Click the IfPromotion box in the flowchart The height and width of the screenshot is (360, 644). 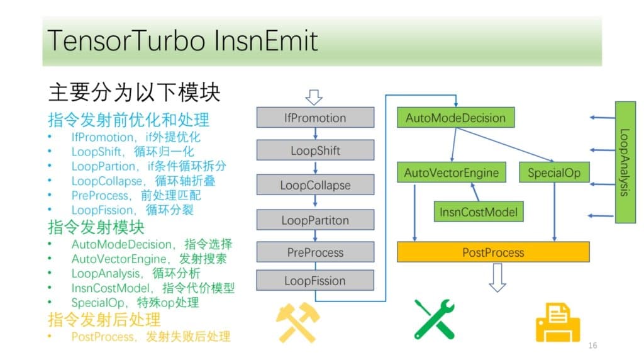[316, 118]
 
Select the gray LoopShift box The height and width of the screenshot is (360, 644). [316, 150]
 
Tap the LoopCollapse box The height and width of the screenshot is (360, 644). [316, 184]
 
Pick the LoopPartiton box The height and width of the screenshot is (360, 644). [316, 220]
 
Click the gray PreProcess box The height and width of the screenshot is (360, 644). [316, 252]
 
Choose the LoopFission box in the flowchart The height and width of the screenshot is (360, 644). [316, 280]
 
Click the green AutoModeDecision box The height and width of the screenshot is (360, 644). [455, 118]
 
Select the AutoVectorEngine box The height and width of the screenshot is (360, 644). [452, 172]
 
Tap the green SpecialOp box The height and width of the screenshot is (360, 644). [554, 172]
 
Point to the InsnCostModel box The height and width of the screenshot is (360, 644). [479, 211]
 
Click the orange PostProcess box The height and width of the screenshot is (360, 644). [493, 252]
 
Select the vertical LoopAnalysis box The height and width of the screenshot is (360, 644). [625, 162]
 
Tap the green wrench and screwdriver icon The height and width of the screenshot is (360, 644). [435, 319]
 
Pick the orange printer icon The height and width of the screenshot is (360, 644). [558, 323]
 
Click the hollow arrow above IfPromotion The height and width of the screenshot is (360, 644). [314, 98]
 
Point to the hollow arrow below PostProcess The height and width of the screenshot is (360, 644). [497, 278]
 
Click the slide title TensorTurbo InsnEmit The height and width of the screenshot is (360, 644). [183, 41]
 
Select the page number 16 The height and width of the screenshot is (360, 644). [592, 346]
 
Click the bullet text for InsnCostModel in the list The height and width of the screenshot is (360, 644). [153, 288]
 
